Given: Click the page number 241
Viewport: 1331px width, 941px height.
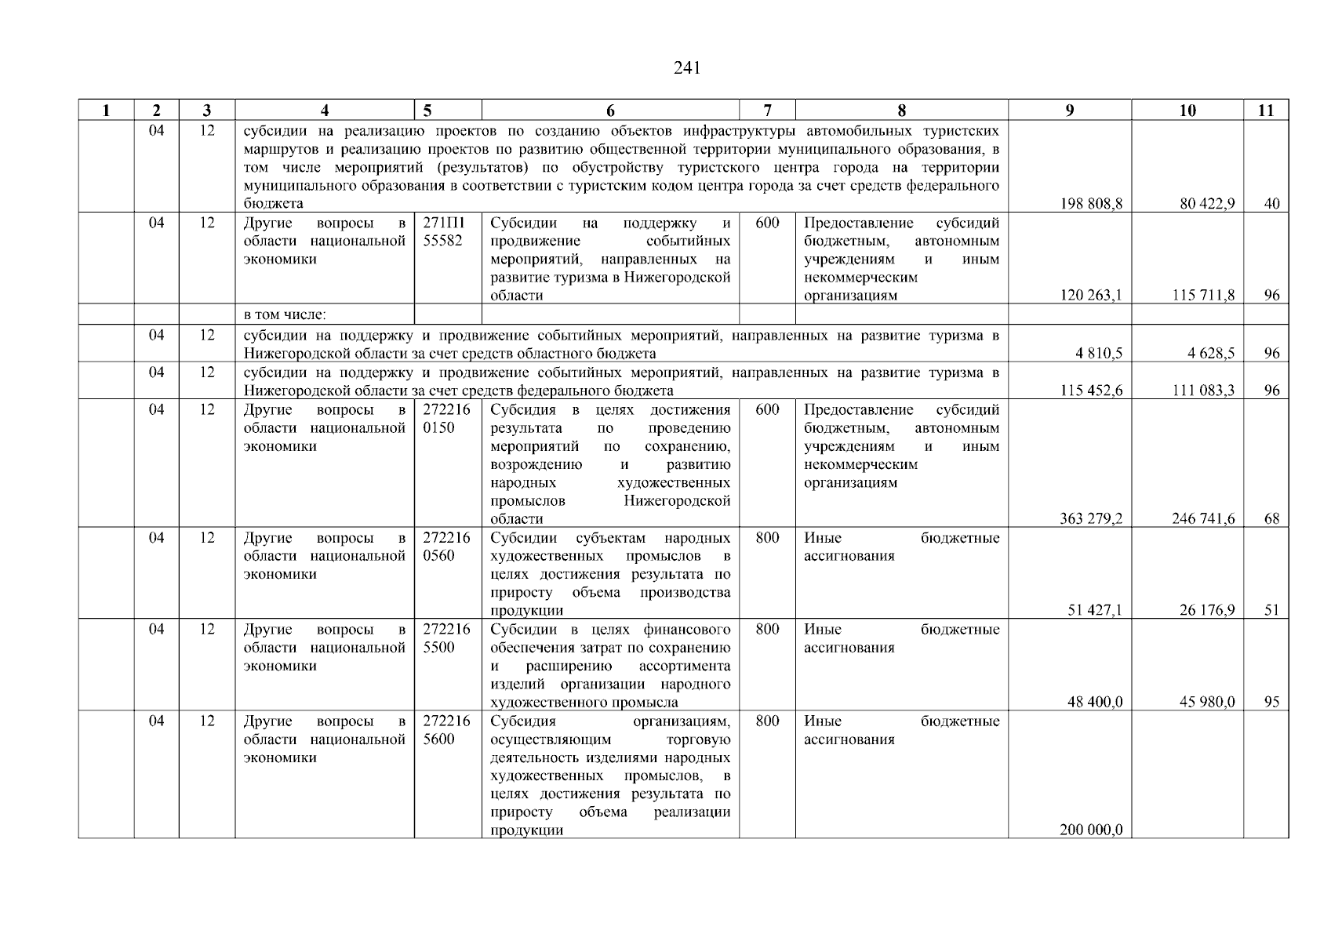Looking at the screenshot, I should [686, 68].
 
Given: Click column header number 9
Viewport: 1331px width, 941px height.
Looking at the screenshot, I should [1069, 111].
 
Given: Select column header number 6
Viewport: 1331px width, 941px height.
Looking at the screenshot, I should [610, 111].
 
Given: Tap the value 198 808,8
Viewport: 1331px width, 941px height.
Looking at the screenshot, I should [1091, 204].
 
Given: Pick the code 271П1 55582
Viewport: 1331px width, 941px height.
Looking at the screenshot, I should [444, 232].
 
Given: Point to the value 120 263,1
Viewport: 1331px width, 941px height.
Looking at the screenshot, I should [1091, 296].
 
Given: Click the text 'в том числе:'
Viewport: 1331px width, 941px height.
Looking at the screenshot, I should [285, 315].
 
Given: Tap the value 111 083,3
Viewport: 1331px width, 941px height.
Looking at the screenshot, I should [1203, 391].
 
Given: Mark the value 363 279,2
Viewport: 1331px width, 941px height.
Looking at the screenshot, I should [1091, 519].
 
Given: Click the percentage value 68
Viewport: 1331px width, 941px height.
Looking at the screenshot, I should [1271, 519].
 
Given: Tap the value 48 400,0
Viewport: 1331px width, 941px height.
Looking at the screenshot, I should [1094, 703].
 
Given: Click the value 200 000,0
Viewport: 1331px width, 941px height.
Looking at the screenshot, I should [1091, 830].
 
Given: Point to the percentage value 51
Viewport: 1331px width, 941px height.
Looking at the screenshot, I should [1271, 611].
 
